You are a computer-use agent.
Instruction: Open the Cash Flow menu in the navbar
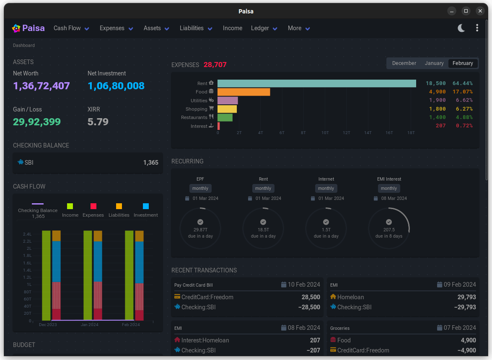[71, 28]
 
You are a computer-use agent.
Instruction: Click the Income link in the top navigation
[233, 28]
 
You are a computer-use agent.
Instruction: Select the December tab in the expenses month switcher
[404, 63]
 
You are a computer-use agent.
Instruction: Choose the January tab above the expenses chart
[434, 63]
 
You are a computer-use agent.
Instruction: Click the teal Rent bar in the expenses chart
[316, 83]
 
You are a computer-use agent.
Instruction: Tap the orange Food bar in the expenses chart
[243, 92]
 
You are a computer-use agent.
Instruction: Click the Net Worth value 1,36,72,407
[41, 86]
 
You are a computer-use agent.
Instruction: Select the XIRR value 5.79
[98, 122]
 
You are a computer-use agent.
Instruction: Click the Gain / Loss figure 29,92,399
[37, 122]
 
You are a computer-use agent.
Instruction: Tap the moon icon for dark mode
[461, 28]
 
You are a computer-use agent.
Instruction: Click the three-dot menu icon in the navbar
[477, 28]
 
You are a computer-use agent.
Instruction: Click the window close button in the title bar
[480, 11]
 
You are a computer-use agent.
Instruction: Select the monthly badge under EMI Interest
[389, 189]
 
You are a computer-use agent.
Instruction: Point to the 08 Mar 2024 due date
[394, 198]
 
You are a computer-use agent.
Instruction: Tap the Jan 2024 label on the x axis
[90, 325]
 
